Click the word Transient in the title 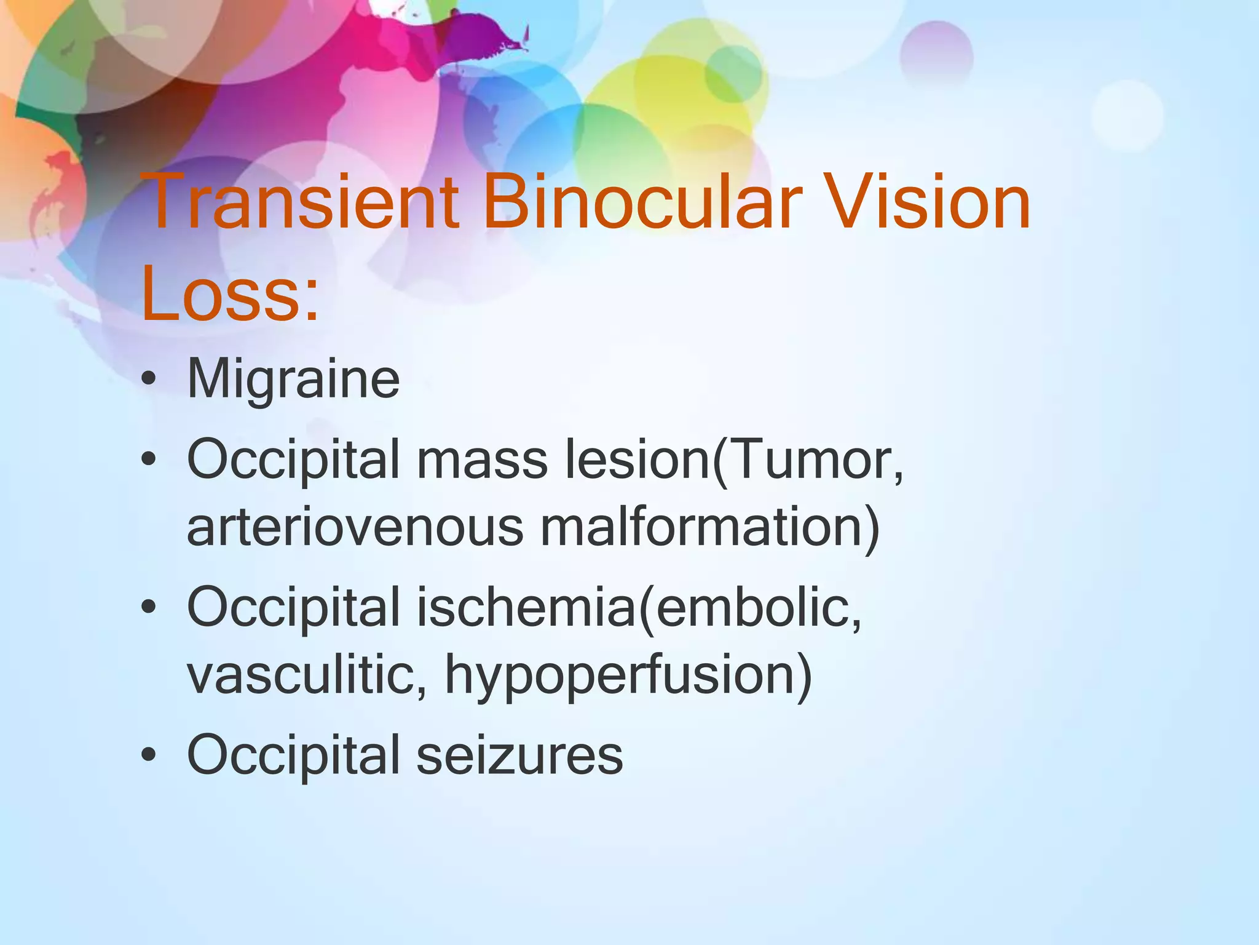pos(302,202)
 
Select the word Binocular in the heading pos(642,202)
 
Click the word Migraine pos(293,380)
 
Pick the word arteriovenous pos(355,527)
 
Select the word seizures pos(519,756)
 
